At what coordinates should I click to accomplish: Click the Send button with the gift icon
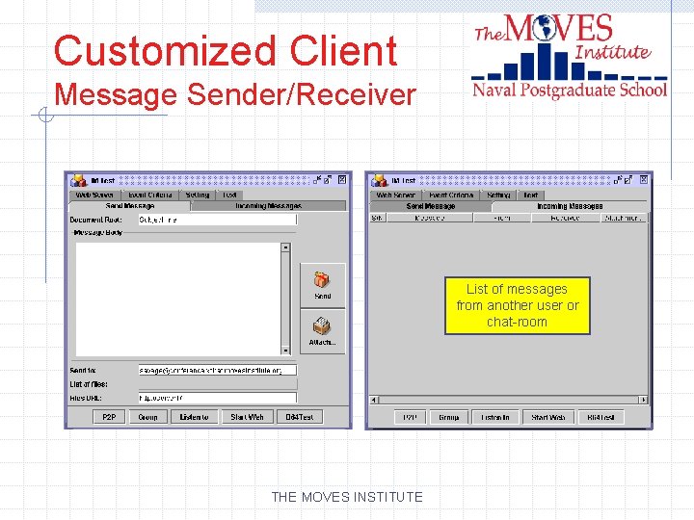point(322,284)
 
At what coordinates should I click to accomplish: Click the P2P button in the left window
point(110,417)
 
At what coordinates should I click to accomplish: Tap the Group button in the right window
point(448,417)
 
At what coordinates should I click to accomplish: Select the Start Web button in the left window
point(246,417)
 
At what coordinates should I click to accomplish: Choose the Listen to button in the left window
point(194,417)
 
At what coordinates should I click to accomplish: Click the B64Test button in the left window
point(299,417)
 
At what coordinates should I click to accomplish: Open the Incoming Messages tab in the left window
point(268,206)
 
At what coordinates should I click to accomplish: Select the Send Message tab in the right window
point(430,206)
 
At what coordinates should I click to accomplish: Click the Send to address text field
point(216,370)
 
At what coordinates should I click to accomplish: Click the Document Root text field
point(216,220)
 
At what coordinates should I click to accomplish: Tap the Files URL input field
point(216,397)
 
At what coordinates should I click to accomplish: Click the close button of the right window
point(644,179)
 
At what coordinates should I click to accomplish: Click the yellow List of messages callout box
point(518,305)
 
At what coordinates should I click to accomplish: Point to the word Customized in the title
point(145,50)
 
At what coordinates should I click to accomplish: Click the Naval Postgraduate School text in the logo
point(570,91)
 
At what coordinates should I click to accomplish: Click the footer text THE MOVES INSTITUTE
point(347,497)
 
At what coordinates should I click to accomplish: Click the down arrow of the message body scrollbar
point(285,350)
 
